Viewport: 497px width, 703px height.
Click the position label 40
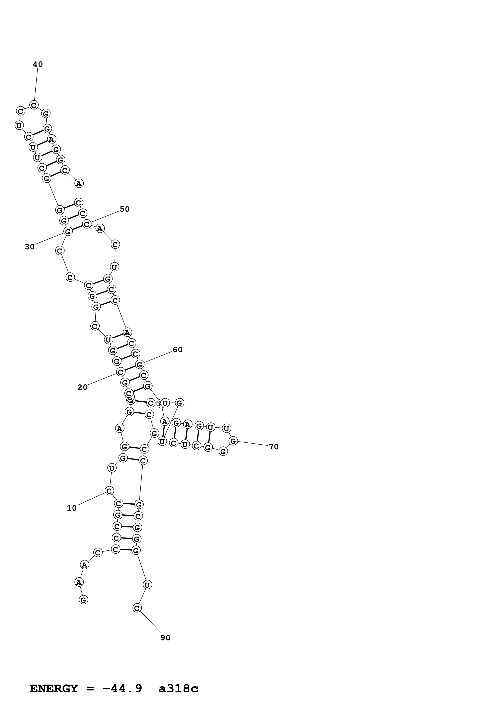[x=38, y=64]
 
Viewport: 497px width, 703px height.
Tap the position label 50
[x=125, y=209]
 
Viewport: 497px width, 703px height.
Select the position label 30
[x=30, y=247]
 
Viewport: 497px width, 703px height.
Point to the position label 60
[x=178, y=350]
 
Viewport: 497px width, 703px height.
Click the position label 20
[x=82, y=387]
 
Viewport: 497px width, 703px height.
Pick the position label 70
[x=274, y=447]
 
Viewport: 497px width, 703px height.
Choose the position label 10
[x=72, y=508]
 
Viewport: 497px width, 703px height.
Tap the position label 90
[x=165, y=638]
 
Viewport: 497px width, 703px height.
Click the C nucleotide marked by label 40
[x=34, y=105]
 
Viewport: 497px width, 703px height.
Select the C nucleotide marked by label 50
[x=87, y=224]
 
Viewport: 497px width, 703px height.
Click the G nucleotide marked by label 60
[x=140, y=364]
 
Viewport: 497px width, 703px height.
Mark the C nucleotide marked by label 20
[x=121, y=372]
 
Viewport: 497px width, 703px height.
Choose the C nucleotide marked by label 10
[x=109, y=491]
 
